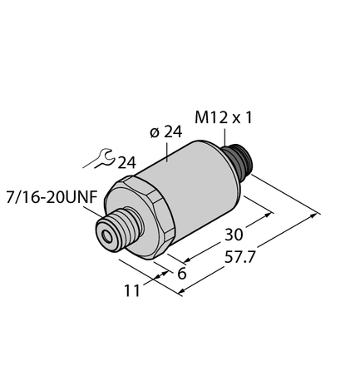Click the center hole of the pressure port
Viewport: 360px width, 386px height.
tap(107, 236)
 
